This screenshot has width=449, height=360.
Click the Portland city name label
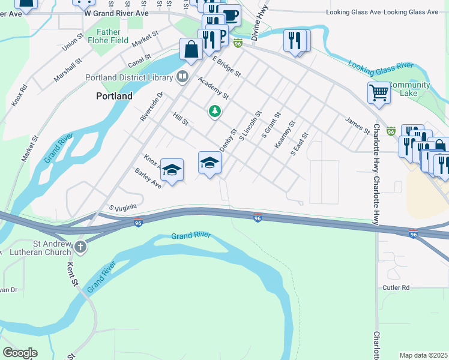114,96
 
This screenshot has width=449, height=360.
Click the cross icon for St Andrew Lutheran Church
80,246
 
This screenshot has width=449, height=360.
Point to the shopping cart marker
379,93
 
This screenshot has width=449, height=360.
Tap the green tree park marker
214,111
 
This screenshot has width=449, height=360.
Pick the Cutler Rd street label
396,288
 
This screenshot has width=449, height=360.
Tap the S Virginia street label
124,207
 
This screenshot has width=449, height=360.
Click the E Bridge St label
226,66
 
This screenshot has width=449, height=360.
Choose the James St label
357,125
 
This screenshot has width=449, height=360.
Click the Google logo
20,352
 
